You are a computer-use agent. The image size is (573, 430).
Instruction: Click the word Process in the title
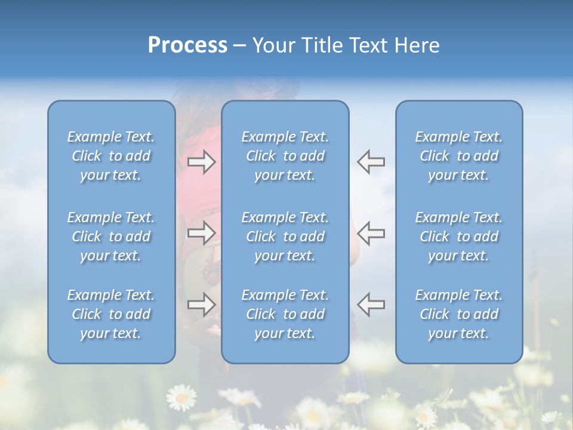187,45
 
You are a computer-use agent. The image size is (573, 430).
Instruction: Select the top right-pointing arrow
201,162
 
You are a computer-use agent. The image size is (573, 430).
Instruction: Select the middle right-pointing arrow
201,233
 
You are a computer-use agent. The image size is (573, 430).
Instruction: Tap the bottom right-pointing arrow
201,305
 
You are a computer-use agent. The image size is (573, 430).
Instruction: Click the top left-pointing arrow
371,162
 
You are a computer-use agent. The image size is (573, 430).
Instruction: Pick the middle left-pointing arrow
371,233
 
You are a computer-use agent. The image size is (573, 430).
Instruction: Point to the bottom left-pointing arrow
371,305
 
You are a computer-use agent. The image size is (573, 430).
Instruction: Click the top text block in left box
111,156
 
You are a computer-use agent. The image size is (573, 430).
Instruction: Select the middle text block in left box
111,236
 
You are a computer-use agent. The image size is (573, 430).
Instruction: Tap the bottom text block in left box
111,314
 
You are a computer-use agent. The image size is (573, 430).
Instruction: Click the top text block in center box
285,156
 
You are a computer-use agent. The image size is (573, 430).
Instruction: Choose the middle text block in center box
285,236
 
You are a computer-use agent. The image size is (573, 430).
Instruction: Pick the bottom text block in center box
285,314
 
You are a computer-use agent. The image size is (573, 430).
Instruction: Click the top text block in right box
459,156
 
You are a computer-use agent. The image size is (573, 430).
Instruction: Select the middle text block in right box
459,236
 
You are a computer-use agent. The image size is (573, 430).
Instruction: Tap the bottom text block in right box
459,314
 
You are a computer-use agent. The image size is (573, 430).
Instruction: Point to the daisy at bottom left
180,397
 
